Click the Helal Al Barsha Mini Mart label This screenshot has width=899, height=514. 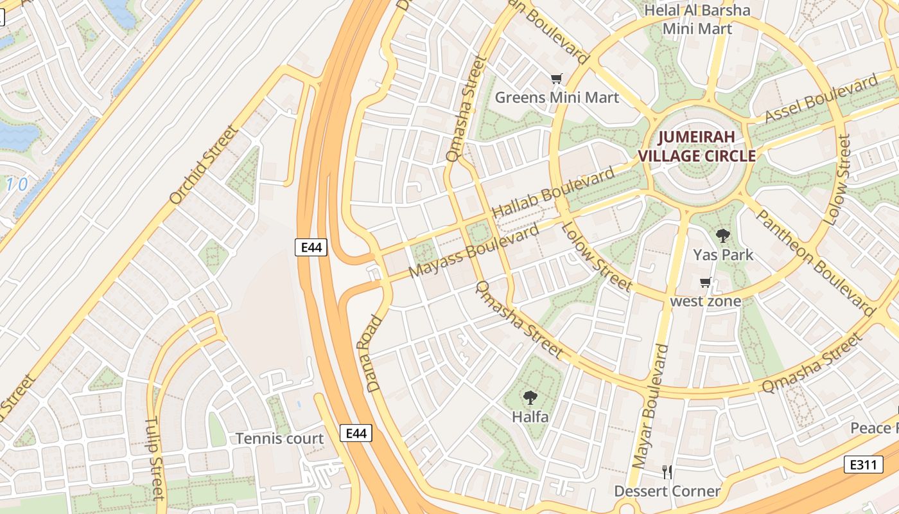click(x=697, y=19)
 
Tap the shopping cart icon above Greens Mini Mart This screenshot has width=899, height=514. click(x=557, y=79)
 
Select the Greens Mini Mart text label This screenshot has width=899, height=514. click(x=557, y=98)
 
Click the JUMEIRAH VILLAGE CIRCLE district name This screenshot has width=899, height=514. click(x=696, y=146)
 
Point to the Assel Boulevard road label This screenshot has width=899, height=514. click(x=821, y=100)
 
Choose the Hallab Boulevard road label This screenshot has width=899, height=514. click(x=553, y=193)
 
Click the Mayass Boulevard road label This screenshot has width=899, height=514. click(x=474, y=251)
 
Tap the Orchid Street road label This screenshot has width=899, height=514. click(x=204, y=165)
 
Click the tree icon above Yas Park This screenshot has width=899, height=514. click(x=723, y=235)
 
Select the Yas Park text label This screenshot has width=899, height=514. click(x=723, y=255)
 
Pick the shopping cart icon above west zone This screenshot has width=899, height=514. click(x=706, y=283)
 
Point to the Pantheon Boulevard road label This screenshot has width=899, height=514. click(x=814, y=263)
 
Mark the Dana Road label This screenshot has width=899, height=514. click(x=374, y=353)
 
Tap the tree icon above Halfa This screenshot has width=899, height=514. click(x=530, y=398)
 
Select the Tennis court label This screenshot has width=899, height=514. click(x=279, y=439)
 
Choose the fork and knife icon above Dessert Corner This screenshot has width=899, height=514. click(x=667, y=472)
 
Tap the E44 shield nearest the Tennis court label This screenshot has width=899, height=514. click(x=356, y=433)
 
